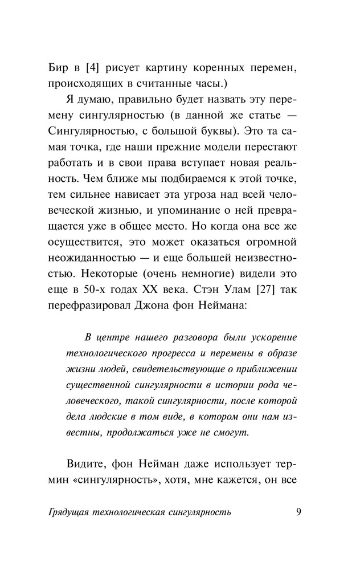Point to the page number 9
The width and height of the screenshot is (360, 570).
point(299,511)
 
